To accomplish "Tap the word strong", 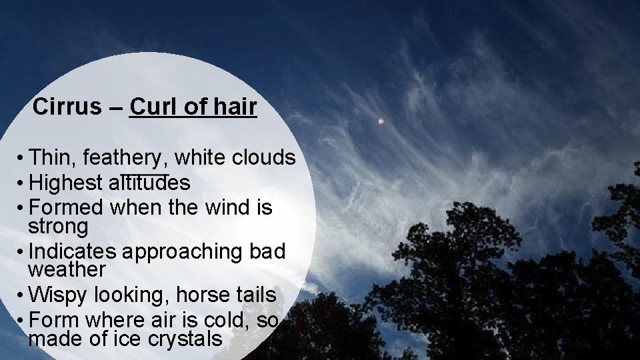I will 58,227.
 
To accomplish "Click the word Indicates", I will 74,251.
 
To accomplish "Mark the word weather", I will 67,270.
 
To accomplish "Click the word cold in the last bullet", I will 221,321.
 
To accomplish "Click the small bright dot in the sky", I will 381,121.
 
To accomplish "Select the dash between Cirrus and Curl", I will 115,107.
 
